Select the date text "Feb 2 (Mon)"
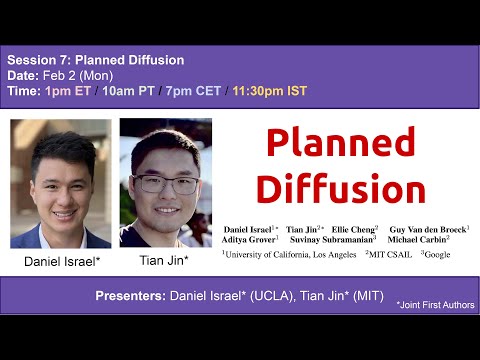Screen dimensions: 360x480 click(x=82, y=75)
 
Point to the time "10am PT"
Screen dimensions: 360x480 click(x=130, y=91)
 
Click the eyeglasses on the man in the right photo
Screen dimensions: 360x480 click(x=164, y=184)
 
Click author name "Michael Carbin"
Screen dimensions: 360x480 click(x=417, y=241)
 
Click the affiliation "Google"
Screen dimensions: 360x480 click(x=437, y=255)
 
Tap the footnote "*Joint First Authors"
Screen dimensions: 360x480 click(x=434, y=304)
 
